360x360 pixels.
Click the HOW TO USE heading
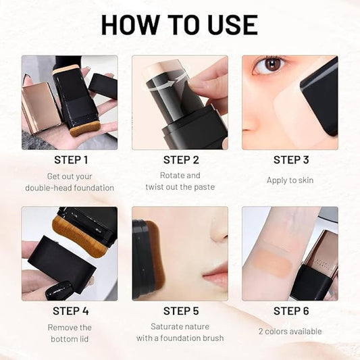180,24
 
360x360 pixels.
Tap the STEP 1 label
71,160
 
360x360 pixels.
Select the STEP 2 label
181,160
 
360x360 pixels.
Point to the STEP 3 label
291,160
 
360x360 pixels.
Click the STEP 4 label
71,311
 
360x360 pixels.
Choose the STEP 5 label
181,311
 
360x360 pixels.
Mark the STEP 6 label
291,311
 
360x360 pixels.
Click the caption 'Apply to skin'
291,180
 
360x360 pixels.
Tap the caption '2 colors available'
291,331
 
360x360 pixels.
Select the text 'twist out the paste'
181,188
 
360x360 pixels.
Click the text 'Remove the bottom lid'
71,332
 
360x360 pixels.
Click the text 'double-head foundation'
70,188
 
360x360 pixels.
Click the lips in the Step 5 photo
215,276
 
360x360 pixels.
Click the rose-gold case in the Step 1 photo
40,107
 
